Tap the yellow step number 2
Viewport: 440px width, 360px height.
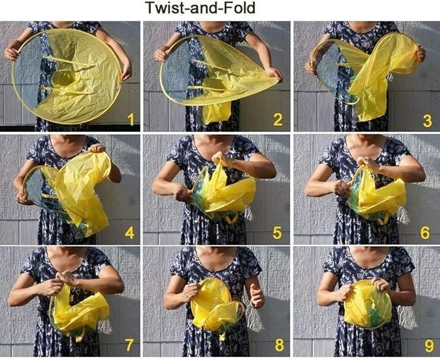(x=277, y=119)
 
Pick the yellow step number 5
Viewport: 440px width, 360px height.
(x=277, y=232)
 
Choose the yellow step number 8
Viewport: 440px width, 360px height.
(x=279, y=344)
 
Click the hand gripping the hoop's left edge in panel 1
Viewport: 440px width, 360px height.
(x=12, y=52)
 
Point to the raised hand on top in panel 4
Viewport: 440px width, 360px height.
(x=97, y=148)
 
